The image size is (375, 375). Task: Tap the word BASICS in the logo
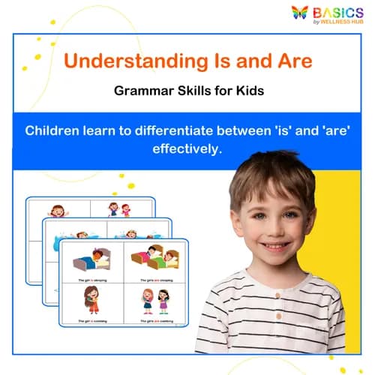coord(338,11)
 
